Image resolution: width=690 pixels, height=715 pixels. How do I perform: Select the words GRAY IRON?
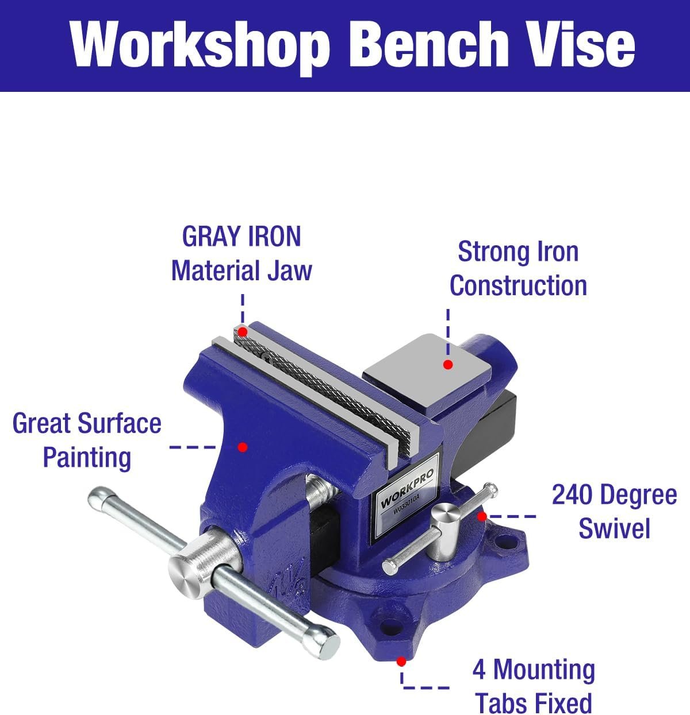(241, 237)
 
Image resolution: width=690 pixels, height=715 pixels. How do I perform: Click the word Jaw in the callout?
(289, 271)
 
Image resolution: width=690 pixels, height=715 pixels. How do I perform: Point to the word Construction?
(518, 285)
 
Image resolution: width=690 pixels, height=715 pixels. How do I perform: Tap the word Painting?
(87, 458)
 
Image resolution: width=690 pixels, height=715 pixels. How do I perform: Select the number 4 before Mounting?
(479, 669)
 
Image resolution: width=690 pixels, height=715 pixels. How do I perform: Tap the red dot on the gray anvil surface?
(447, 365)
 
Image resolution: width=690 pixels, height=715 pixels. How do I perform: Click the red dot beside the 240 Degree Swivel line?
(482, 517)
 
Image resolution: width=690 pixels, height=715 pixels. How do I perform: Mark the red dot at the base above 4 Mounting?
(401, 662)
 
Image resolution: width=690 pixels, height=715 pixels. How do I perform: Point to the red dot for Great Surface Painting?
(243, 447)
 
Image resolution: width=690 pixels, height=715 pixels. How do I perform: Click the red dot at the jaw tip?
(243, 332)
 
